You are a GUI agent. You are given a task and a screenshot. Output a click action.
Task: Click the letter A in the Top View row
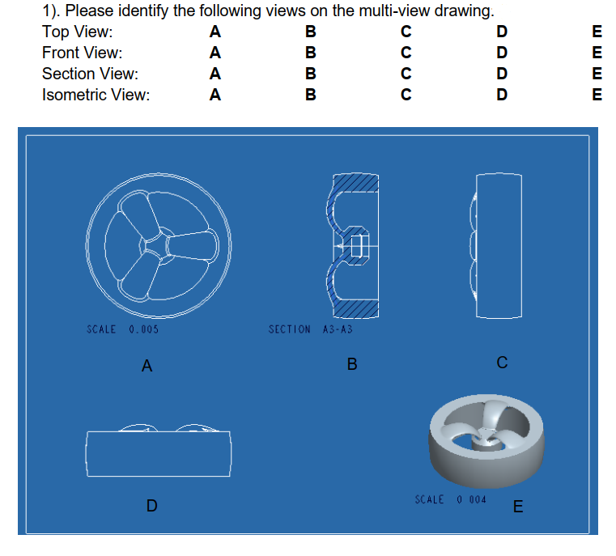pyautogui.click(x=215, y=32)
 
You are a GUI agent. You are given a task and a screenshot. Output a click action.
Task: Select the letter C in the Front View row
pyautogui.click(x=406, y=53)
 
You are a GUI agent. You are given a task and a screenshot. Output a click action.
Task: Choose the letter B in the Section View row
pyautogui.click(x=311, y=74)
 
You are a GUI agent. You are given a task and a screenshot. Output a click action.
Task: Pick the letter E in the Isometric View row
pyautogui.click(x=597, y=95)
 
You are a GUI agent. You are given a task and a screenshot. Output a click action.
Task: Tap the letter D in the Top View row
pyautogui.click(x=502, y=32)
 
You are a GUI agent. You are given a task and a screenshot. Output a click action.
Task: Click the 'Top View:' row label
pyautogui.click(x=78, y=32)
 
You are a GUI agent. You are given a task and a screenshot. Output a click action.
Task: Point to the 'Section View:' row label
pyautogui.click(x=90, y=74)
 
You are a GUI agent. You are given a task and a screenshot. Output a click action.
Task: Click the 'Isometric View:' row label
pyautogui.click(x=96, y=95)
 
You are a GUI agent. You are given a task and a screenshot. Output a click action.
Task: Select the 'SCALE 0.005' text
pyautogui.click(x=121, y=329)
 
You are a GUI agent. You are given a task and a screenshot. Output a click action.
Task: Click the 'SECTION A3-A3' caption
pyautogui.click(x=310, y=329)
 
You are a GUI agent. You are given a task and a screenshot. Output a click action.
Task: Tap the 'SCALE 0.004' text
pyautogui.click(x=450, y=499)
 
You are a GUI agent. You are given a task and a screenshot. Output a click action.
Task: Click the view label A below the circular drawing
pyautogui.click(x=147, y=367)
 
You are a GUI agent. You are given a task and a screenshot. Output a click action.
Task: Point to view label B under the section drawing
pyautogui.click(x=351, y=365)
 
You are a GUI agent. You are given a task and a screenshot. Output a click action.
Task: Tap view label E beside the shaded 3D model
pyautogui.click(x=518, y=507)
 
